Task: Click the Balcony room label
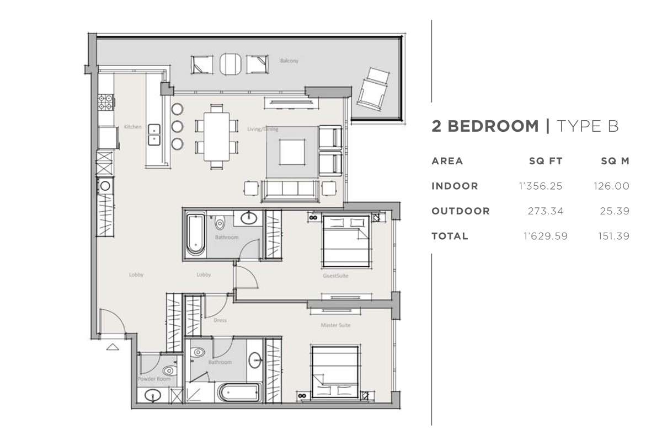tap(289, 61)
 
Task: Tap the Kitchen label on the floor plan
tap(133, 127)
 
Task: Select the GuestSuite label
tap(335, 276)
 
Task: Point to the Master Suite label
tap(335, 325)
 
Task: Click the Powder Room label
tap(154, 379)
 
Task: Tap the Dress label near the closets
tap(220, 320)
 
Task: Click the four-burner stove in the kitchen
tap(105, 102)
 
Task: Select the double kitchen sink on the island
tap(154, 135)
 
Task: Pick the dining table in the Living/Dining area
tap(217, 137)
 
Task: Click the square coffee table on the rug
tap(292, 152)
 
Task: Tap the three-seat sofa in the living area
tap(290, 191)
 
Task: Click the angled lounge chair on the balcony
tap(373, 89)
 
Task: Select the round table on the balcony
tap(230, 64)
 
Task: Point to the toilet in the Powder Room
tap(169, 370)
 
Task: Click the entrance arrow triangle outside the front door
tap(113, 347)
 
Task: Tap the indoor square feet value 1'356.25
tap(541, 186)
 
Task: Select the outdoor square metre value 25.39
tap(615, 211)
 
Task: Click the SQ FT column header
tap(546, 161)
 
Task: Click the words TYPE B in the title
tap(588, 126)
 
